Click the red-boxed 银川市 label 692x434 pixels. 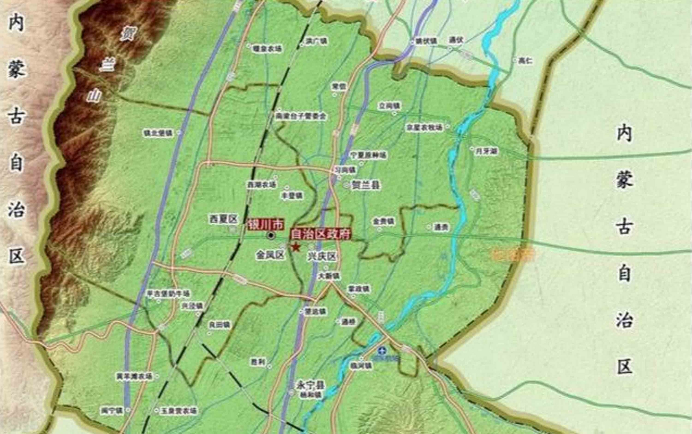coord(266,225)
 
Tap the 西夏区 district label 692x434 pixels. coord(224,219)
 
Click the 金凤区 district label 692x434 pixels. coord(270,255)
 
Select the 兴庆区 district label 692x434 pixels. coord(322,256)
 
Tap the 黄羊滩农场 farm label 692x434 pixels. coord(134,376)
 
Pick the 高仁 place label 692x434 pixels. coord(526,61)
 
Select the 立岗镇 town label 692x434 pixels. coord(389,106)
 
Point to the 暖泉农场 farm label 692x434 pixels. coord(267,49)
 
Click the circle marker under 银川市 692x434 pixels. coord(270,236)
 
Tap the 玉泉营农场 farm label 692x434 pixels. coord(179,411)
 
